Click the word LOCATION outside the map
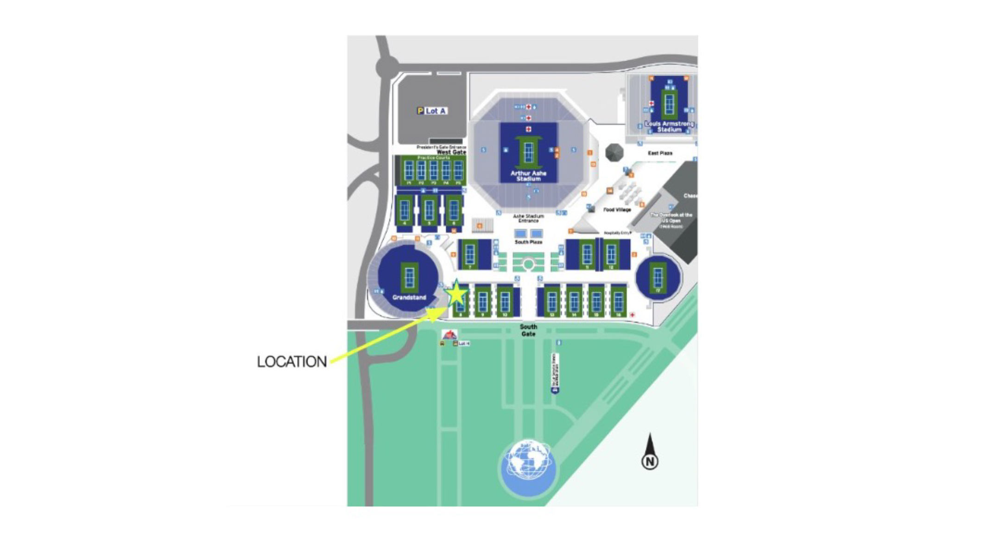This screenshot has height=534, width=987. click(x=292, y=362)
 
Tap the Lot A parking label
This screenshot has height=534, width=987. click(x=432, y=111)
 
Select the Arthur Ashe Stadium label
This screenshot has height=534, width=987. click(x=528, y=176)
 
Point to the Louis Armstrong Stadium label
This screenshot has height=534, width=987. click(x=669, y=127)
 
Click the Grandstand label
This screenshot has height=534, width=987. click(x=409, y=297)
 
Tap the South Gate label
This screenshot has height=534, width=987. click(x=528, y=330)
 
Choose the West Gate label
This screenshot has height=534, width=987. click(x=451, y=152)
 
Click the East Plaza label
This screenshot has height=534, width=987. click(x=660, y=153)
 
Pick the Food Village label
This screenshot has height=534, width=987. click(x=617, y=210)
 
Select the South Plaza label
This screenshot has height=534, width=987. click(x=528, y=242)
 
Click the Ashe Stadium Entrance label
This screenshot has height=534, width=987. click(x=528, y=218)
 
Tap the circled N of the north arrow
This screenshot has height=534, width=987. click(x=650, y=462)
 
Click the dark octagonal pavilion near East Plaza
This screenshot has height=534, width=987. click(x=614, y=152)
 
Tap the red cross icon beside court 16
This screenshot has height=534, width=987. click(x=633, y=315)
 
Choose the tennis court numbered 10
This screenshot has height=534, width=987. click(x=505, y=301)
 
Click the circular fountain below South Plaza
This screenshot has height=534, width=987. click(x=528, y=264)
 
